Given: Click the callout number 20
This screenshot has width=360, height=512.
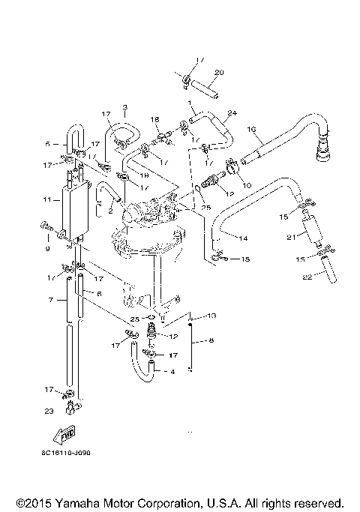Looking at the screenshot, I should (219, 73).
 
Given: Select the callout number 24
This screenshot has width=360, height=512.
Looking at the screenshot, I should (232, 113).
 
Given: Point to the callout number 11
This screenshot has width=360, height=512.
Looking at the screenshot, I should (46, 200).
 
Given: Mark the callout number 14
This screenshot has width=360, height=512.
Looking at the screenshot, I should (243, 238).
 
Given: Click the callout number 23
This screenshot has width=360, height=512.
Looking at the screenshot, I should (49, 411).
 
